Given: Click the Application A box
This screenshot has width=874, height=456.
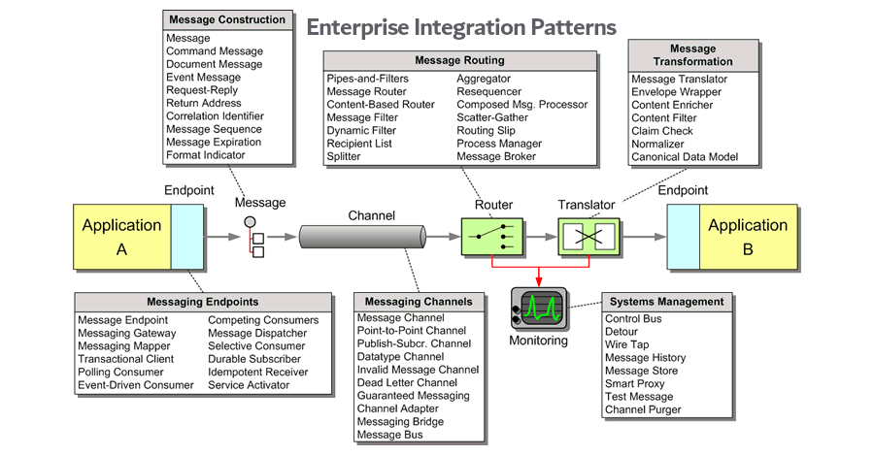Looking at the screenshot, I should pos(123,237).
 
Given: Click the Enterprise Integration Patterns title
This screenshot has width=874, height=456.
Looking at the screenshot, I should pos(461,26).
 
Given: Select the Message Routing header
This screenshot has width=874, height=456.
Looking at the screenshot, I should pos(459,60).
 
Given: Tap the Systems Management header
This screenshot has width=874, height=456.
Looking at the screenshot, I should pos(665,302).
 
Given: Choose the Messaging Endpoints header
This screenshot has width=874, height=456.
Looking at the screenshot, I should pos(201,302).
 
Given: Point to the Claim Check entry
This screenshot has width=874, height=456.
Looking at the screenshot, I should pos(662,131).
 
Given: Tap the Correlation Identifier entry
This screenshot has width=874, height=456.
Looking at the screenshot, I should pos(215,116).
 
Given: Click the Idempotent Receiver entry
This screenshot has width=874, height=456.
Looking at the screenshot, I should pos(257,372).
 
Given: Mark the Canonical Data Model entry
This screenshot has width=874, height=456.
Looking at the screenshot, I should pos(685,157).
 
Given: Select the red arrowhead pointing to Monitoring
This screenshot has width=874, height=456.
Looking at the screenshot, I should pos(539,282).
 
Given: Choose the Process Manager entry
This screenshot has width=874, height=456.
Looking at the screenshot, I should pos(499,144).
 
